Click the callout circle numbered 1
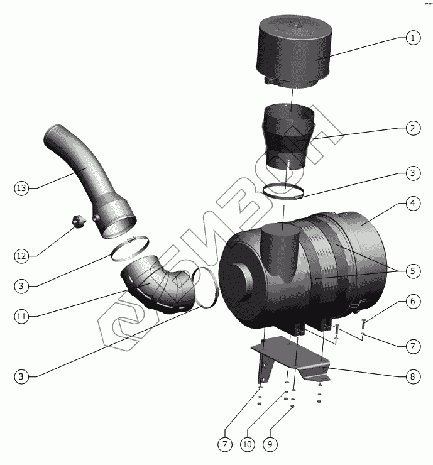412,38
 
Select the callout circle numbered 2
412,128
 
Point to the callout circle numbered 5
412,271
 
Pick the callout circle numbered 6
412,302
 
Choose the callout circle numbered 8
412,377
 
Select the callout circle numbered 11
21,316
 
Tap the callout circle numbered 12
21,256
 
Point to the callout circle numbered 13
21,188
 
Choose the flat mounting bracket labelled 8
295,361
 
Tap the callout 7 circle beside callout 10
224,444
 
